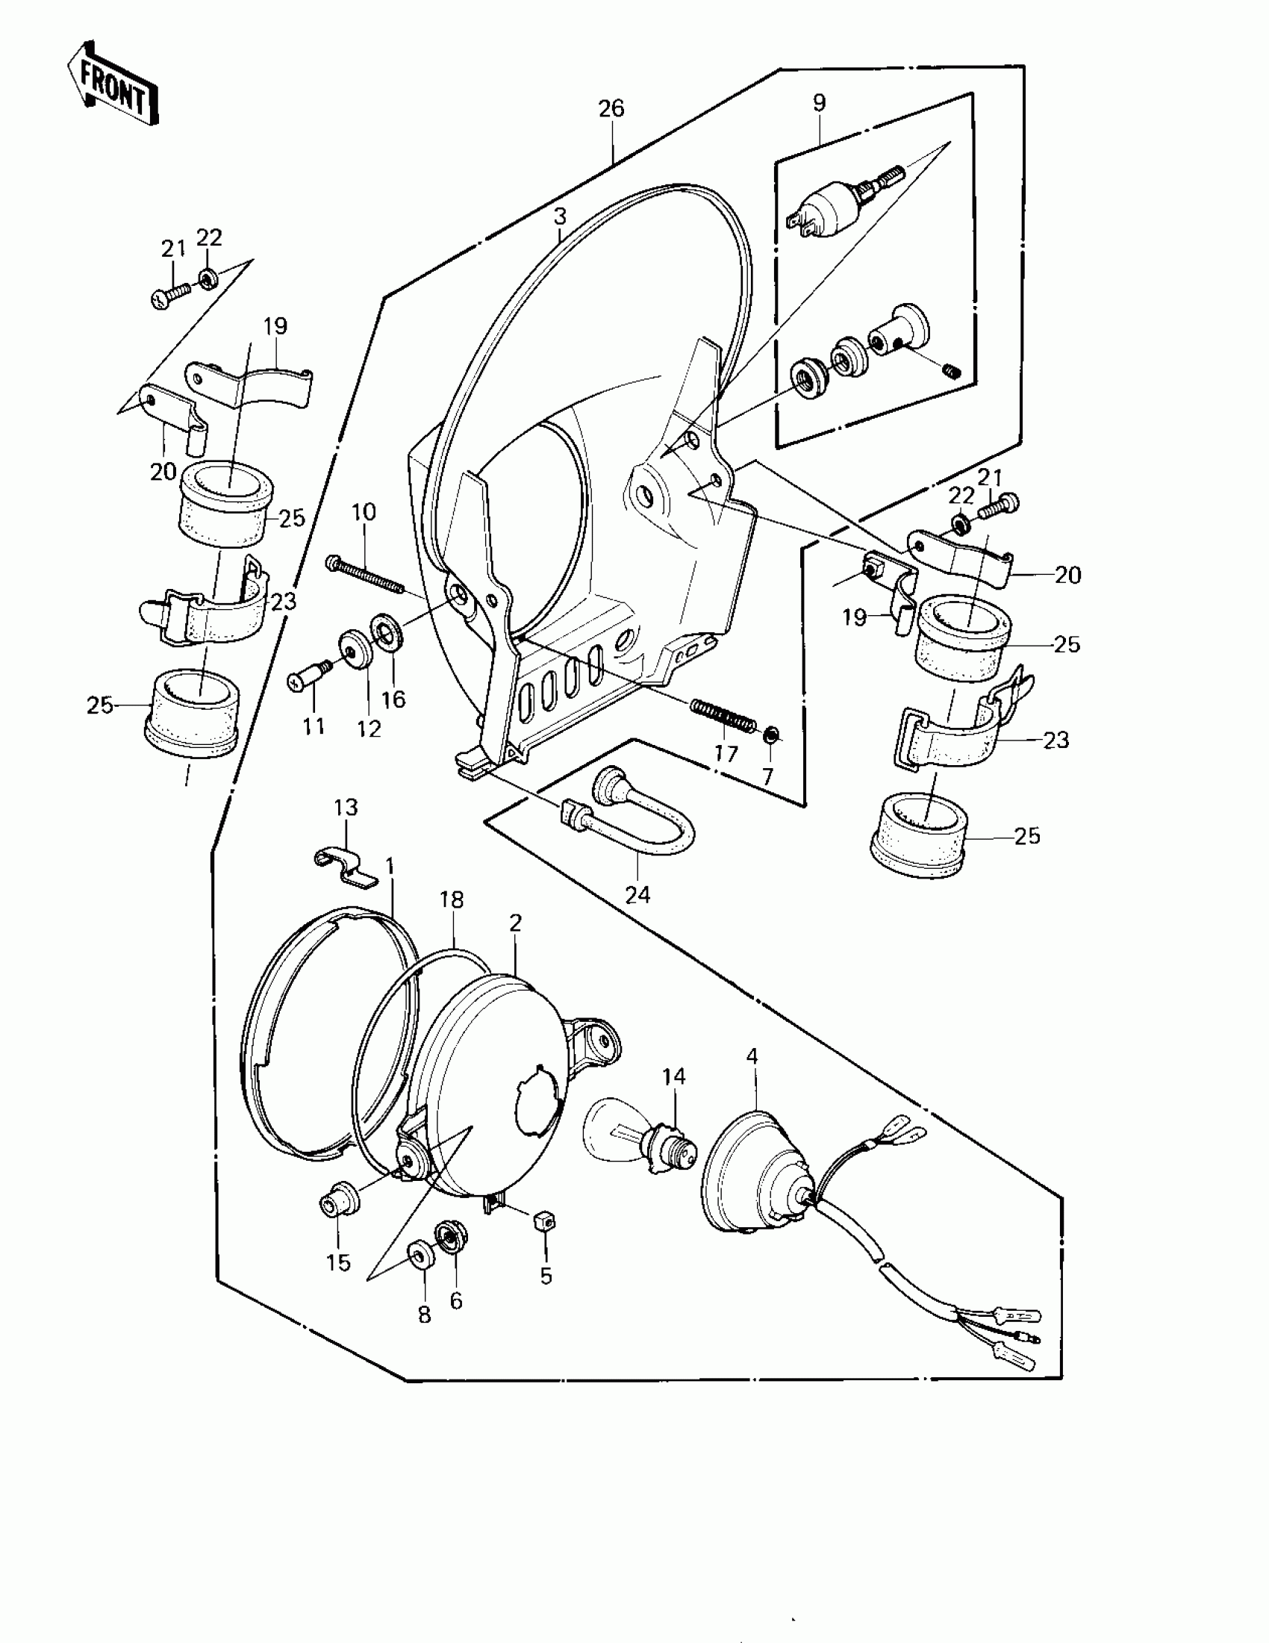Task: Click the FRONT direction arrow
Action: pyautogui.click(x=113, y=85)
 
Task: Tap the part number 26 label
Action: pyautogui.click(x=611, y=109)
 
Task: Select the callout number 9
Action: pyautogui.click(x=819, y=103)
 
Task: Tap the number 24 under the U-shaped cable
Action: pyautogui.click(x=638, y=896)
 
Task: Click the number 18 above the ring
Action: pyautogui.click(x=452, y=900)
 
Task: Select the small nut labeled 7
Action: pyautogui.click(x=771, y=735)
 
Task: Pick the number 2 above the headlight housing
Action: pyautogui.click(x=515, y=923)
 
